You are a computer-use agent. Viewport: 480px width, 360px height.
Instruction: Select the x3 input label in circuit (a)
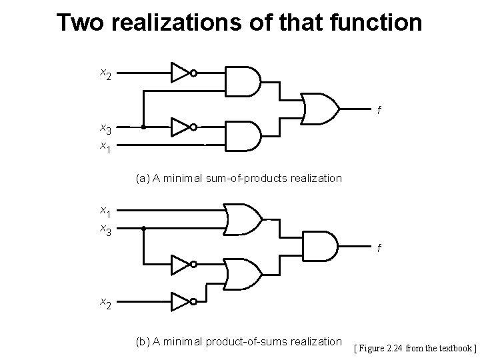click(105, 127)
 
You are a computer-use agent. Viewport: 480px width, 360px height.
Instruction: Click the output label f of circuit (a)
click(379, 111)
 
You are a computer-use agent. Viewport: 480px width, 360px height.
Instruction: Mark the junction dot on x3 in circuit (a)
click(143, 127)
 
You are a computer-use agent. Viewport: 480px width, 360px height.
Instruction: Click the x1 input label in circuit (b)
click(105, 212)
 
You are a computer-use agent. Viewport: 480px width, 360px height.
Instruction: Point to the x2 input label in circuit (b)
click(105, 303)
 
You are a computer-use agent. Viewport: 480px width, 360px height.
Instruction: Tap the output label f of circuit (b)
click(379, 248)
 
